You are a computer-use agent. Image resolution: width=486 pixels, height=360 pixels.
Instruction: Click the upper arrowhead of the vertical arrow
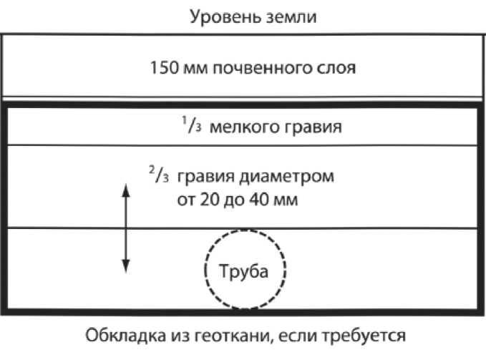click(x=126, y=189)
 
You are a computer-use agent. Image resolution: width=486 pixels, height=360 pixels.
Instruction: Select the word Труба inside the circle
click(x=246, y=273)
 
